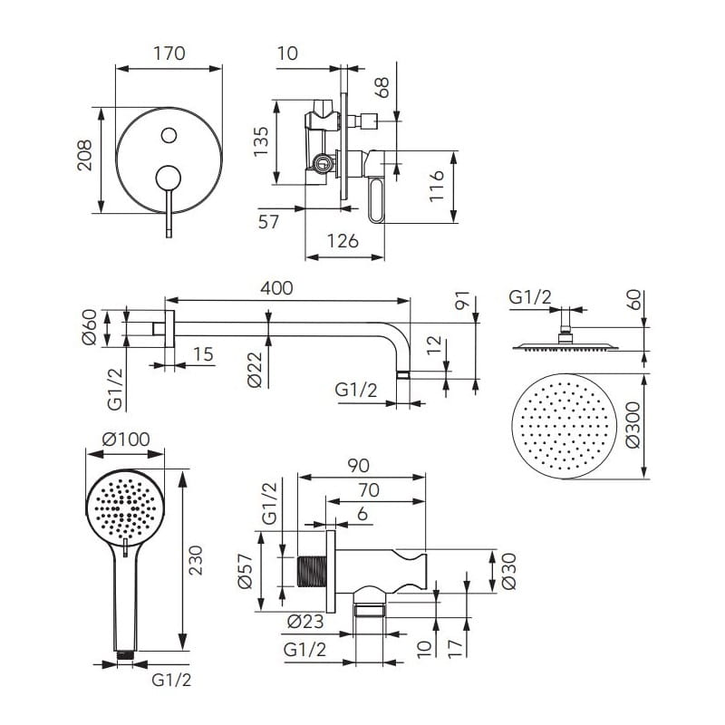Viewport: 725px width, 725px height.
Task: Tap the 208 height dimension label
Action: (82, 159)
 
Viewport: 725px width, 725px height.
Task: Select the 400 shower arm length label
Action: (276, 287)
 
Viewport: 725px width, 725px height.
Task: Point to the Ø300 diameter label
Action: (634, 426)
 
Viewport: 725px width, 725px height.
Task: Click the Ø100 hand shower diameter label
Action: (126, 440)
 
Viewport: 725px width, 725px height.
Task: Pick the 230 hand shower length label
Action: (197, 562)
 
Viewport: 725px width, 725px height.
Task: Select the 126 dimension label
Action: (342, 240)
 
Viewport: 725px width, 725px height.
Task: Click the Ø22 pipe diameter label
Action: (256, 370)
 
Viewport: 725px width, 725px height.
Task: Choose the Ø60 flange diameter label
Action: (89, 327)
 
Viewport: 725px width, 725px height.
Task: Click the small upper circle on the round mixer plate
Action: (168, 136)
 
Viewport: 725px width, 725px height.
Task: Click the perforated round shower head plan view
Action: (565, 426)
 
